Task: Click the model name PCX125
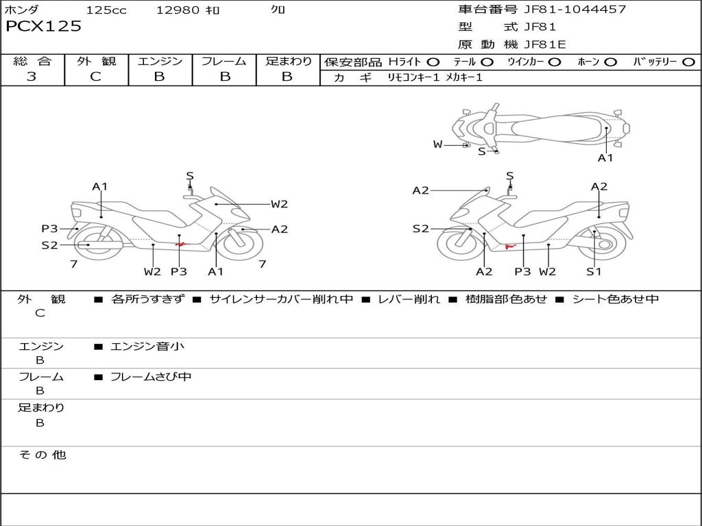pyautogui.click(x=43, y=27)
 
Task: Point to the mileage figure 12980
pyautogui.click(x=178, y=10)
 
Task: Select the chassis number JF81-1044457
pyautogui.click(x=575, y=9)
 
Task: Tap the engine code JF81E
pyautogui.click(x=545, y=45)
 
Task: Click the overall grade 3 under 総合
pyautogui.click(x=32, y=76)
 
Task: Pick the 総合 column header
pyautogui.click(x=32, y=61)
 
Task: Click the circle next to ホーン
pyautogui.click(x=611, y=62)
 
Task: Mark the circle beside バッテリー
pyautogui.click(x=689, y=62)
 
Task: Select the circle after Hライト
pyautogui.click(x=433, y=62)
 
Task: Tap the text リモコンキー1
pyautogui.click(x=413, y=77)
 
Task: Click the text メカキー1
pyautogui.click(x=464, y=77)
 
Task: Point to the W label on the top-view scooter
pyautogui.click(x=437, y=145)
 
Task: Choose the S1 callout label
pyautogui.click(x=594, y=271)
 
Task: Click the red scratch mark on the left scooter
pyautogui.click(x=181, y=245)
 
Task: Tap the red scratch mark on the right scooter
pyautogui.click(x=510, y=246)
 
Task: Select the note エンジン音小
pyautogui.click(x=147, y=346)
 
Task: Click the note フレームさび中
pyautogui.click(x=151, y=377)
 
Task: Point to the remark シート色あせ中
pyautogui.click(x=616, y=299)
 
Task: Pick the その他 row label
pyautogui.click(x=43, y=455)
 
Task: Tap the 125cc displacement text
pyautogui.click(x=106, y=10)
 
